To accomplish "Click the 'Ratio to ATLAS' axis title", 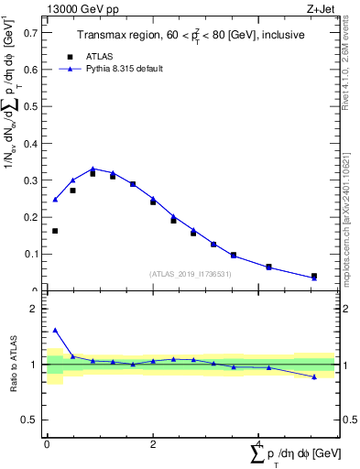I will coord(14,365).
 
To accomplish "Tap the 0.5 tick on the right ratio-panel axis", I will coord(348,420).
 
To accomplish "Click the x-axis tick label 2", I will coord(152,444).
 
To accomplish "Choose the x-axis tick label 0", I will coord(47,444).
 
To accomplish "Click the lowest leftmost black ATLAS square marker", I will coord(55,231).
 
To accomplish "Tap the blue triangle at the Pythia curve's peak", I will coord(93,169).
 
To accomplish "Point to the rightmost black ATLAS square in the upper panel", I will coord(314,276).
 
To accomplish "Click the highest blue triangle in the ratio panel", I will coord(55,330).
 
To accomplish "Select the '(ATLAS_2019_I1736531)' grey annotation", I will coord(190,274).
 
